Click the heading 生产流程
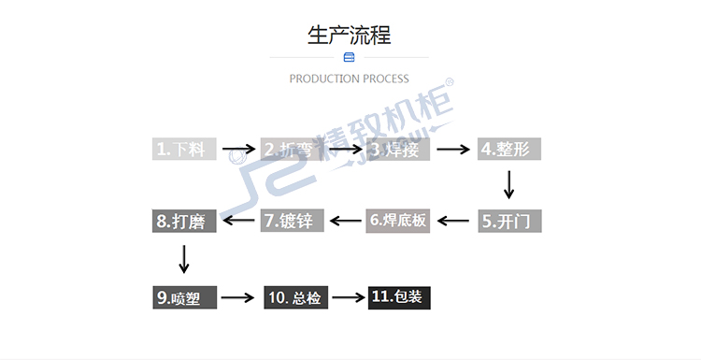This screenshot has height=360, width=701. tap(350, 36)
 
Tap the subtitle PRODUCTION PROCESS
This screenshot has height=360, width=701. tap(350, 79)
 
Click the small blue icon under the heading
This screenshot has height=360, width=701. tap(350, 58)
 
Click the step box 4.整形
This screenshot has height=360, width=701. tap(509, 149)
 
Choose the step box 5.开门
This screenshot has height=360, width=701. tap(509, 222)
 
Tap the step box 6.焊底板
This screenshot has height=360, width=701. tap(397, 222)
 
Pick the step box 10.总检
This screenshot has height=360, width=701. tap(294, 298)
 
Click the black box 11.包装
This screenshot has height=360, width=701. tap(399, 298)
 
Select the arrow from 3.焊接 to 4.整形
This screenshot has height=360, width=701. tap(453, 149)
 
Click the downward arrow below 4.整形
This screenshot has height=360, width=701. tap(508, 184)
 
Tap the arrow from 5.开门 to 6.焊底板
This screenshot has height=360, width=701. tap(453, 222)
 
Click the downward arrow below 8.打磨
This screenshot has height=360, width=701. tap(184, 259)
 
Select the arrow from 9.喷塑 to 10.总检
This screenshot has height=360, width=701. tap(237, 298)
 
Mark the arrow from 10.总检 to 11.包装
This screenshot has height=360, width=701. tap(348, 298)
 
